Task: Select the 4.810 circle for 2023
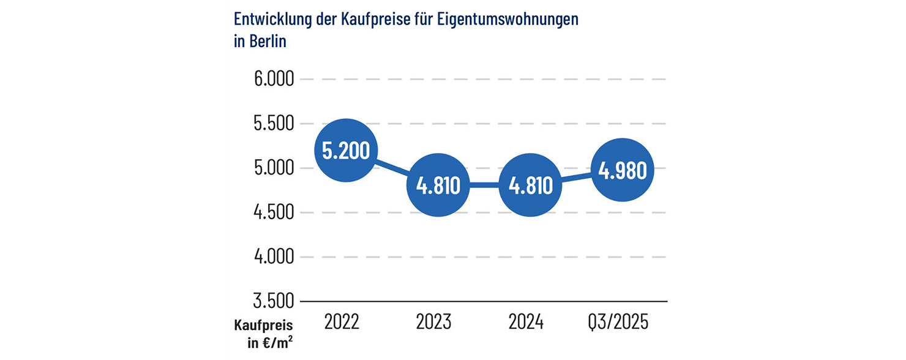(438, 186)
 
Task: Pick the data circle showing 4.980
(623, 170)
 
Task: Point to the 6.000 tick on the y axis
(274, 80)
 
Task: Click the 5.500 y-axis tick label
(274, 124)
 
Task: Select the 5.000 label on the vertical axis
(274, 168)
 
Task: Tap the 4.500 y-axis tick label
(274, 212)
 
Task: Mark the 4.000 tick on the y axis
(274, 257)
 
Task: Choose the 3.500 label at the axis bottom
(274, 301)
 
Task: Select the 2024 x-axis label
(526, 321)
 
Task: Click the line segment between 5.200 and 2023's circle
(392, 168)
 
